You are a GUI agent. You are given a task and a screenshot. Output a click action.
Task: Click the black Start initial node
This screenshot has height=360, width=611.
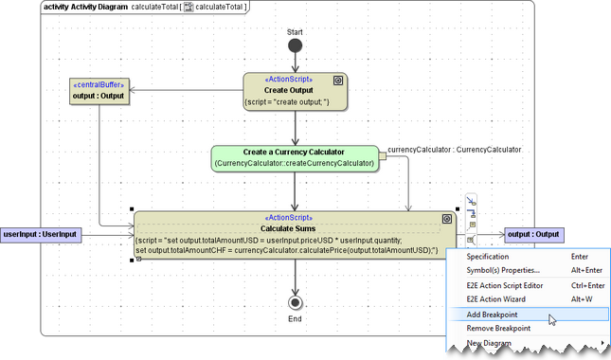pyautogui.click(x=296, y=45)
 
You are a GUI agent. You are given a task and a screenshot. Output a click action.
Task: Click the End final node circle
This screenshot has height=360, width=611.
pyautogui.click(x=296, y=302)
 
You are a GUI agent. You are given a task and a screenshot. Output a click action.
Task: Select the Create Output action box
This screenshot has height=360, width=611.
pyautogui.click(x=296, y=92)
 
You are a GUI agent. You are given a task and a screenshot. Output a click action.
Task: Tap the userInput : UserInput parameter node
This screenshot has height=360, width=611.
pyautogui.click(x=41, y=234)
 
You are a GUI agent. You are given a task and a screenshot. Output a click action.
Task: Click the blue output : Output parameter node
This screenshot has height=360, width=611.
pyautogui.click(x=533, y=234)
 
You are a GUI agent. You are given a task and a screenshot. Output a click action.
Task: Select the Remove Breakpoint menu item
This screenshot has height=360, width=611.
pyautogui.click(x=498, y=328)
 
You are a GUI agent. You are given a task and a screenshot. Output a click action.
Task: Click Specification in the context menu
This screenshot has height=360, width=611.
pyautogui.click(x=488, y=257)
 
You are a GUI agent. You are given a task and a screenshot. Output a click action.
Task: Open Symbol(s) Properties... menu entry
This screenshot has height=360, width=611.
pyautogui.click(x=503, y=271)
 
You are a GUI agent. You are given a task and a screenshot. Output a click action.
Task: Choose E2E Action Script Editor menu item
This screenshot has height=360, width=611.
pyautogui.click(x=505, y=286)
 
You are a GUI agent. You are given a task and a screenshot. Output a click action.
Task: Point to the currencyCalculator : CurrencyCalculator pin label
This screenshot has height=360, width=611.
pyautogui.click(x=455, y=150)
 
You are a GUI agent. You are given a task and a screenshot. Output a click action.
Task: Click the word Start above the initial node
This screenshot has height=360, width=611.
pyautogui.click(x=296, y=32)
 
